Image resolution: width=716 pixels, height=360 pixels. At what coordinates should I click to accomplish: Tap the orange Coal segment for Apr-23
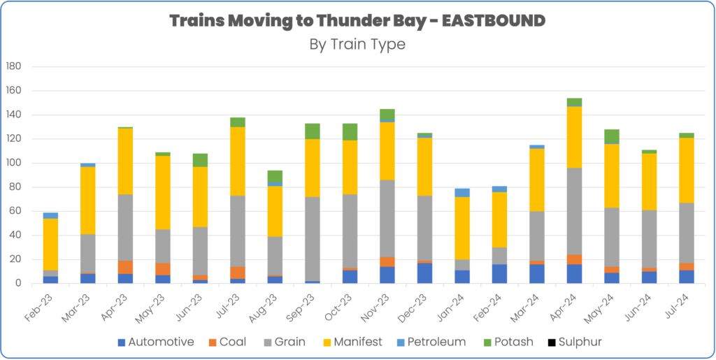[x=126, y=267]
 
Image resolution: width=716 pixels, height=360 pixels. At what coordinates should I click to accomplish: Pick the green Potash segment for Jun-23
[x=200, y=160]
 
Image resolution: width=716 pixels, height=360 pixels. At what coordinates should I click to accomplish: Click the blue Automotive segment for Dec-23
[x=424, y=273]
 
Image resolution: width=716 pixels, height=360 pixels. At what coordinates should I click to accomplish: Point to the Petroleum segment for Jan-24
[x=461, y=192]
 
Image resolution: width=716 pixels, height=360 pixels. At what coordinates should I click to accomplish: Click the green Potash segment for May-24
[x=611, y=136]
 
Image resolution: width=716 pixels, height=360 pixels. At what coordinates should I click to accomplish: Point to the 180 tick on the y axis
[x=15, y=66]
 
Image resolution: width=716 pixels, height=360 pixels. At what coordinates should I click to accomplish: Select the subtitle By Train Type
[x=357, y=43]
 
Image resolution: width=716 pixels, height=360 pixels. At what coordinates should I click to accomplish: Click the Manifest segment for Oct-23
[x=350, y=167]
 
